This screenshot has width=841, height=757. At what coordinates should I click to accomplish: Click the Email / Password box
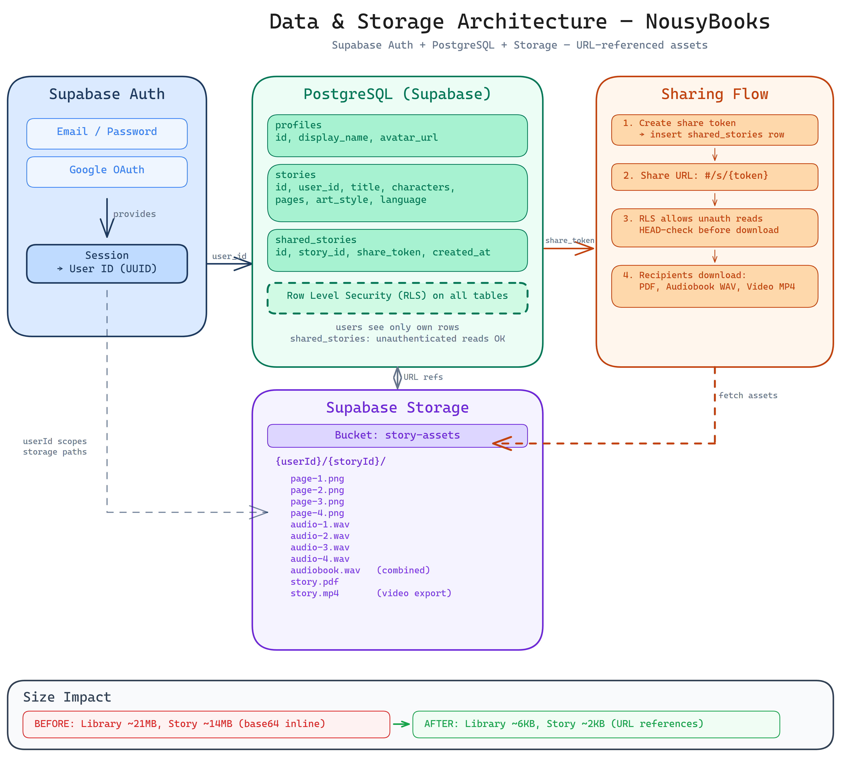tap(107, 133)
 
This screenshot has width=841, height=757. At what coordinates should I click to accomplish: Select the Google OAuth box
tap(107, 172)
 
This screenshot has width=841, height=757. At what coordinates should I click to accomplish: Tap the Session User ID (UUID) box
tap(107, 264)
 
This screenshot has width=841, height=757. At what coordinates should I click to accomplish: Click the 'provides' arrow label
tap(134, 214)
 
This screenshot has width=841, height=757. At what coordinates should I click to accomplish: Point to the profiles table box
tap(397, 136)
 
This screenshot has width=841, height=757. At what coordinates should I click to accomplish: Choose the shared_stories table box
tap(397, 250)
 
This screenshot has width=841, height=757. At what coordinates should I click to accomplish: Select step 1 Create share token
tap(714, 130)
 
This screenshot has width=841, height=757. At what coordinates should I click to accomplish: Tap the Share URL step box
tap(714, 177)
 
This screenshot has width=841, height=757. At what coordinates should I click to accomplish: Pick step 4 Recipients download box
tap(714, 286)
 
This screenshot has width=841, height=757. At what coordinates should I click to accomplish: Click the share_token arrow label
tap(569, 240)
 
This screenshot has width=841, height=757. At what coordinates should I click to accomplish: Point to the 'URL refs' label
tap(423, 377)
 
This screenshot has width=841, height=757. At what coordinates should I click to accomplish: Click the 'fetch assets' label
tap(747, 395)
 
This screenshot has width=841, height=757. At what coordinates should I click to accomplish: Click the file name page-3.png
tap(317, 502)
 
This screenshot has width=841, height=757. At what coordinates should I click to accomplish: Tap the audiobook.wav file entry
tap(325, 570)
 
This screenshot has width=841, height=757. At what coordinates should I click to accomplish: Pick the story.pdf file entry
tap(314, 582)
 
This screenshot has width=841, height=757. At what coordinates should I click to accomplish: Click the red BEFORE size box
tap(206, 724)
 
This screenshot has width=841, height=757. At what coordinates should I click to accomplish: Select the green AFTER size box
tap(596, 724)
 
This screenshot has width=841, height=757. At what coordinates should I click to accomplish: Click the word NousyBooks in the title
tap(707, 22)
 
